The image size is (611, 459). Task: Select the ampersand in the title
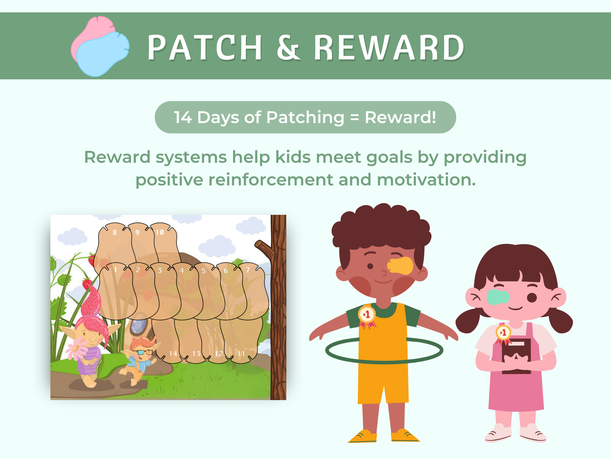pos(288,48)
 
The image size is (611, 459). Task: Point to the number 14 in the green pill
pos(183,117)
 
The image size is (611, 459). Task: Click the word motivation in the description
pos(426,180)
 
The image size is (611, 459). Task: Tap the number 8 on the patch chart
pos(115,232)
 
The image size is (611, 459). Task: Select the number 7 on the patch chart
pos(248,270)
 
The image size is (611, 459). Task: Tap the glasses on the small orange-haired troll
pos(144,352)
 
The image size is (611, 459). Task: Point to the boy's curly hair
pos(381,227)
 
